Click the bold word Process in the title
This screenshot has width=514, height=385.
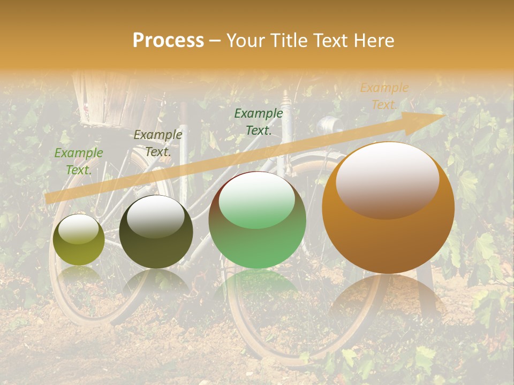[168, 41]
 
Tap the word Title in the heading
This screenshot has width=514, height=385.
[289, 41]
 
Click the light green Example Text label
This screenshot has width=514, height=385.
[79, 161]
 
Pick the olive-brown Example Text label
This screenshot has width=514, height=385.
[158, 143]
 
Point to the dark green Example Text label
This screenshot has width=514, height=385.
[259, 121]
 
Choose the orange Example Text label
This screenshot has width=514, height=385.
[384, 96]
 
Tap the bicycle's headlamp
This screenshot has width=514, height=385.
[326, 126]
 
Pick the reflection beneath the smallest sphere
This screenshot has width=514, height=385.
[79, 275]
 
